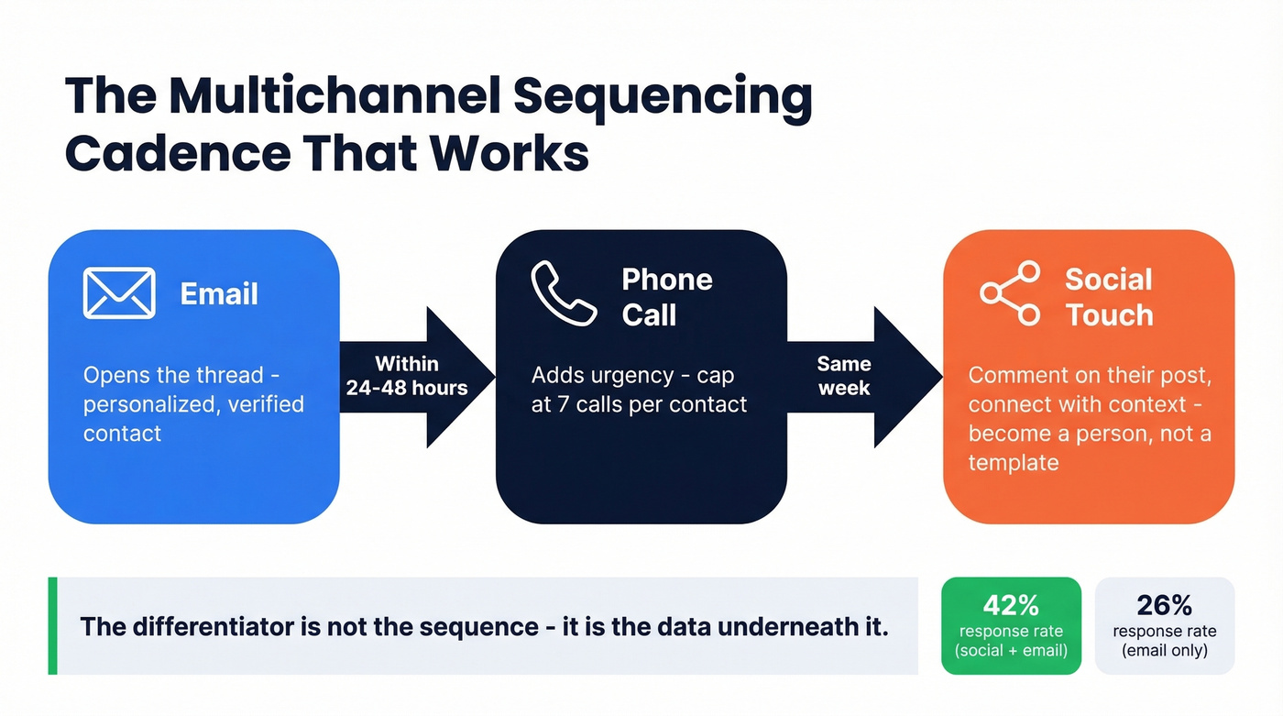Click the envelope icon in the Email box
[x=119, y=293]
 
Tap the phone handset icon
[x=565, y=293]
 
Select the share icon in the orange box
[x=1010, y=293]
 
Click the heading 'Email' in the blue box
[x=219, y=294]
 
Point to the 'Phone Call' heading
[x=666, y=297]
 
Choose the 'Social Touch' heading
[x=1109, y=297]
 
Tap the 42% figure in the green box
[x=1011, y=605]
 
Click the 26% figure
[x=1164, y=605]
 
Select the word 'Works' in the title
[x=526, y=152]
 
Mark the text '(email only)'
[x=1164, y=651]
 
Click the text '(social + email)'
[x=1011, y=651]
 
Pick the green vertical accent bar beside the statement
[x=52, y=626]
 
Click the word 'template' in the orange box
[x=1014, y=462]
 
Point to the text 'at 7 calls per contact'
[x=639, y=404]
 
